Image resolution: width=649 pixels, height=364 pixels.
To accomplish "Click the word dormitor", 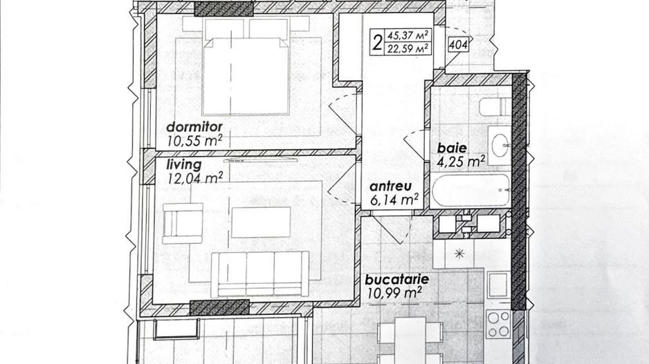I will click(x=194, y=127).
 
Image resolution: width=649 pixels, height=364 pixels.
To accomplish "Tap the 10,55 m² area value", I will click(x=194, y=141).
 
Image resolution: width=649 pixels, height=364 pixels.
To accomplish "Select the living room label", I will click(x=184, y=164).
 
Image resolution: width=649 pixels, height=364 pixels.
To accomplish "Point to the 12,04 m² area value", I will click(x=194, y=178).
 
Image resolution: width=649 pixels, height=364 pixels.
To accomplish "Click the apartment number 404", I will click(x=457, y=46).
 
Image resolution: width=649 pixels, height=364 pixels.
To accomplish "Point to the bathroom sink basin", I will click(x=500, y=144).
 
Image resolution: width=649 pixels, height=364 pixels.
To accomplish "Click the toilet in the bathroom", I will click(x=495, y=107).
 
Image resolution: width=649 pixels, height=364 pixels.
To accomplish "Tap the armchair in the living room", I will click(x=183, y=222).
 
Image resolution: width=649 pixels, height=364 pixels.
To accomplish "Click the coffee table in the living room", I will click(x=260, y=222).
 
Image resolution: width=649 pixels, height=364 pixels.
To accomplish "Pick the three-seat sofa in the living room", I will click(x=260, y=273).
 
